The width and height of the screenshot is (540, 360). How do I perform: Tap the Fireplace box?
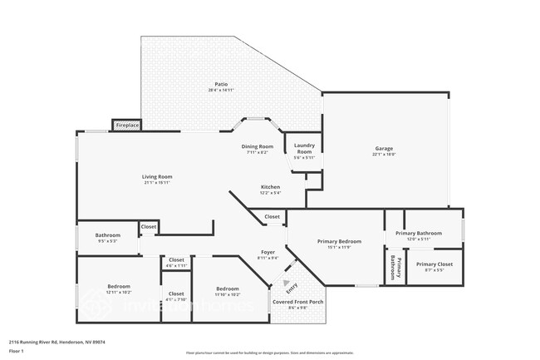[127, 126]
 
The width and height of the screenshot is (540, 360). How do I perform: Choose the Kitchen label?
[271, 189]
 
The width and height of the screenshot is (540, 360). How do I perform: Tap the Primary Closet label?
[434, 267]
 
